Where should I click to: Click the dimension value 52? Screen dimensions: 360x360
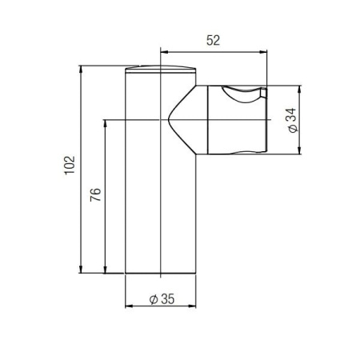tap(213, 41)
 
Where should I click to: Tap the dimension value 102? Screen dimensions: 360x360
tap(70, 165)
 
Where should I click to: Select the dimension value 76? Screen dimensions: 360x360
tap(95, 194)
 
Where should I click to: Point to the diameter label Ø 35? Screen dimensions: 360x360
tap(162, 299)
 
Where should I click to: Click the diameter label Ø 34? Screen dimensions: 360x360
tap(293, 120)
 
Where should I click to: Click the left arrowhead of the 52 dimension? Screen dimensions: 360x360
tap(163, 52)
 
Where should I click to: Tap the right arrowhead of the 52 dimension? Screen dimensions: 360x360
tap(263, 52)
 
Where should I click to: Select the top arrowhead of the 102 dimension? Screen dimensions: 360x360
tap(81, 69)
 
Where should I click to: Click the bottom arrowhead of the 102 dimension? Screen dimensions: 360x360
tap(81, 270)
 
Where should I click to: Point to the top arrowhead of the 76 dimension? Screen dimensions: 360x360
tap(105, 123)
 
